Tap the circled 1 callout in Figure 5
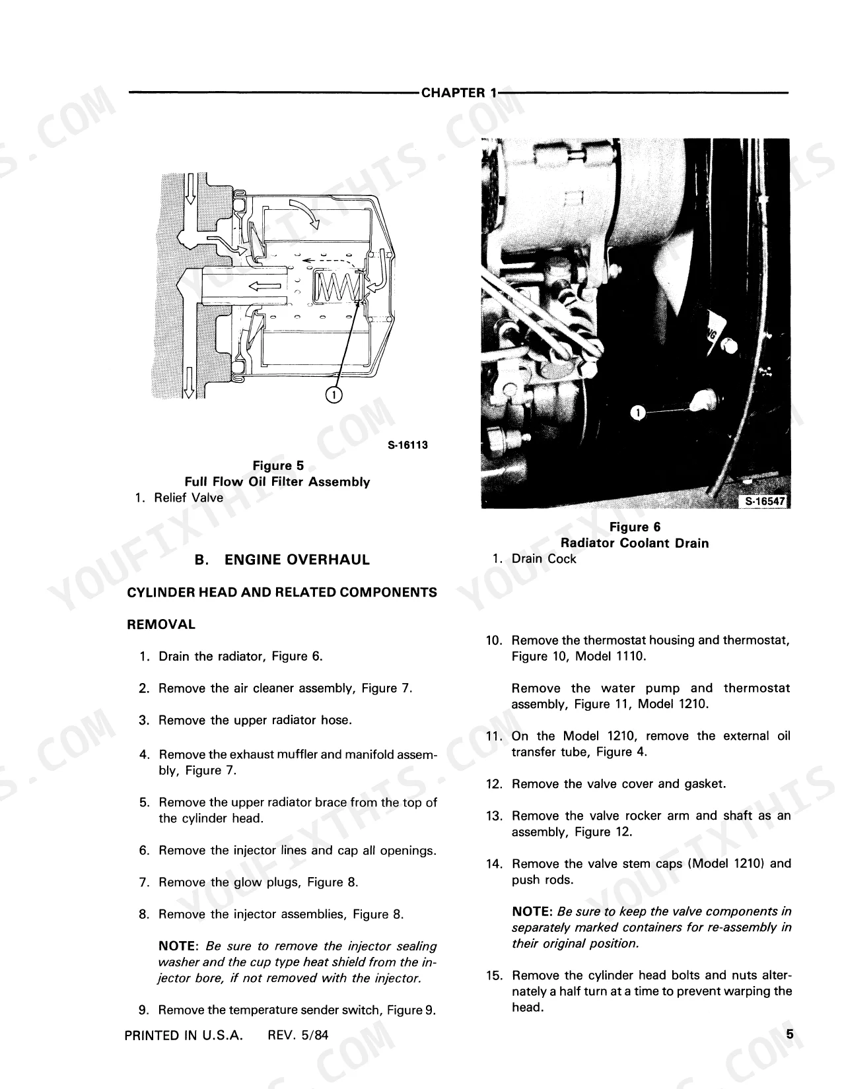333,395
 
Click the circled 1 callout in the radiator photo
637,412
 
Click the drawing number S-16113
407,445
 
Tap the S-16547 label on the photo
764,501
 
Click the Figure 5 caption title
278,465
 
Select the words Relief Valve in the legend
189,498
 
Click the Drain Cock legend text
544,559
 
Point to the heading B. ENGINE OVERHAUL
282,560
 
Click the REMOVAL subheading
161,624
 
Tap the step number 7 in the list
145,882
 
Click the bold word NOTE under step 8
178,946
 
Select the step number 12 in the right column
494,784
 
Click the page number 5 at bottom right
790,1034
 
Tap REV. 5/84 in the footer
298,1036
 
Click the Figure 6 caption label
635,527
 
